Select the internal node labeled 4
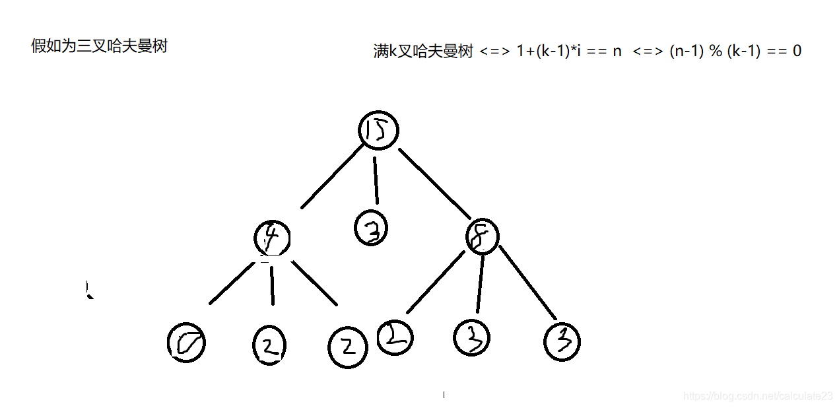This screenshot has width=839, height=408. [272, 238]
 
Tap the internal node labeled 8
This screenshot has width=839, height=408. [482, 236]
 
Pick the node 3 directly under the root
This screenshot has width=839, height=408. [371, 228]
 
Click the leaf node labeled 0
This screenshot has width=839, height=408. [186, 343]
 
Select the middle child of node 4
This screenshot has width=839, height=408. [269, 343]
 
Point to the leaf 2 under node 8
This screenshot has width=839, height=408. [395, 337]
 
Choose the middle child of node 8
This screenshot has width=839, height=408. [471, 337]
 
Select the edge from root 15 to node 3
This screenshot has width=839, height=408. [376, 180]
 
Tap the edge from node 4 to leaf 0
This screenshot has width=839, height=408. [232, 283]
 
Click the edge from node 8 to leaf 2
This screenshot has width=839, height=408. [436, 282]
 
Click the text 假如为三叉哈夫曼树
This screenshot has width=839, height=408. [99, 46]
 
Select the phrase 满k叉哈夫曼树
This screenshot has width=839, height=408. [423, 51]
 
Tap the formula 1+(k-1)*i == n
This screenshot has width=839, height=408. [569, 51]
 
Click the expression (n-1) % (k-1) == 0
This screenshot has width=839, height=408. [735, 51]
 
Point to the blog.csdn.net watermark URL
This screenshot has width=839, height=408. [758, 396]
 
